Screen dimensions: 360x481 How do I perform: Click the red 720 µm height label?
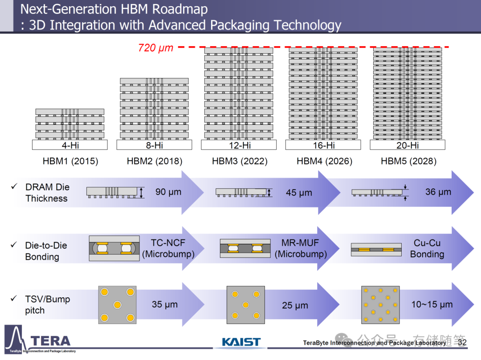click(x=155, y=48)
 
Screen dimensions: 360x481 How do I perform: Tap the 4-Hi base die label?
click(x=70, y=145)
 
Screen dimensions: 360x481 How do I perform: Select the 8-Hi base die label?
click(x=154, y=145)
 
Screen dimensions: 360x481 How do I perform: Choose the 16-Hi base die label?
click(x=323, y=145)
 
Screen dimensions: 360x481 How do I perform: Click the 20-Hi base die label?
click(x=408, y=145)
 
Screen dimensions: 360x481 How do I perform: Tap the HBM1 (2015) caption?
click(x=70, y=161)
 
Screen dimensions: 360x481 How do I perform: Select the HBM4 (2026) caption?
click(x=324, y=161)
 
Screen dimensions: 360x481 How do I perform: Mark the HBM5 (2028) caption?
click(x=408, y=161)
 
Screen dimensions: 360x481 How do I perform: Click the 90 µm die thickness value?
click(x=168, y=192)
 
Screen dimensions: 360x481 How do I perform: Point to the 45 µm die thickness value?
click(x=299, y=193)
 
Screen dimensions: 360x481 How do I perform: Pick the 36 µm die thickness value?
click(x=438, y=192)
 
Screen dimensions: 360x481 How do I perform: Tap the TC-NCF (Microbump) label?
click(x=168, y=249)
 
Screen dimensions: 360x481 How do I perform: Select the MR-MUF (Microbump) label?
click(x=301, y=249)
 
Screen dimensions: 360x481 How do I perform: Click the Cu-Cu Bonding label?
click(x=427, y=249)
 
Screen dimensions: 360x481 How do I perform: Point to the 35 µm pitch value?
click(x=165, y=305)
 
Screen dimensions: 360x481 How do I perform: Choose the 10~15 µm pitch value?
click(x=432, y=305)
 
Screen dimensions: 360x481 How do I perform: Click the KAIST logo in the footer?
click(x=241, y=342)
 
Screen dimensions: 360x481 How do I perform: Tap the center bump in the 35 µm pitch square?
click(x=117, y=305)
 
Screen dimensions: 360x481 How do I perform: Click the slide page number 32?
click(x=462, y=343)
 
